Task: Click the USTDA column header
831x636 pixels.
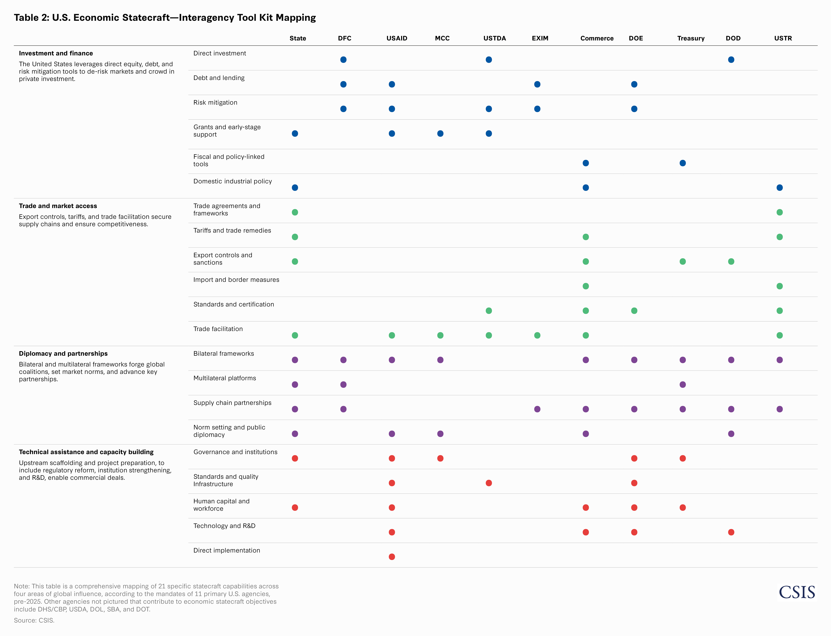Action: coord(494,38)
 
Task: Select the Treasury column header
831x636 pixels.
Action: coord(691,38)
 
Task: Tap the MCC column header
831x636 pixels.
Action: coord(442,38)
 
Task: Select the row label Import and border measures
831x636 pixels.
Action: coord(236,280)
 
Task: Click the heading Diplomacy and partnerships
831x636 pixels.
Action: coord(63,354)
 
